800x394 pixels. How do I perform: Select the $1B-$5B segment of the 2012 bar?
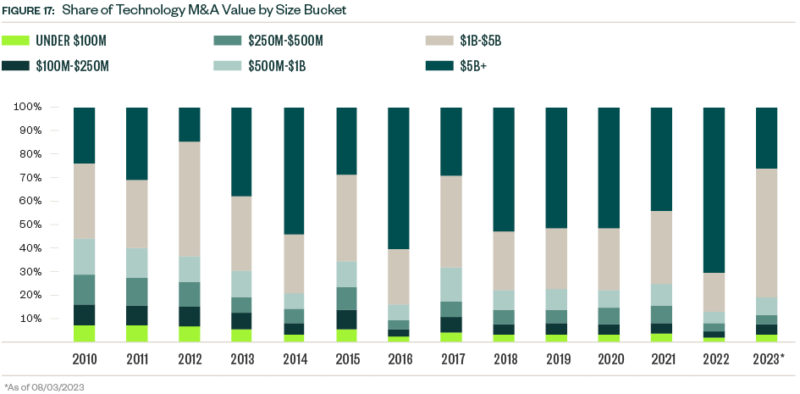tap(190, 199)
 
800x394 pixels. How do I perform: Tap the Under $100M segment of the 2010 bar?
tap(85, 333)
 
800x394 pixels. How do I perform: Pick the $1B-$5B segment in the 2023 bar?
tap(766, 233)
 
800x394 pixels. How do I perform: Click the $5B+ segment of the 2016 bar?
tap(399, 178)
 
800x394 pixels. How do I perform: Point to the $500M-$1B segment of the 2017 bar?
tap(451, 284)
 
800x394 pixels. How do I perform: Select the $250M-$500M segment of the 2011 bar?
tap(137, 291)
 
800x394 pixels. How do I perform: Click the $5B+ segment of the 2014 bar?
tap(294, 170)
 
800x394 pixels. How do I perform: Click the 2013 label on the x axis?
tap(241, 359)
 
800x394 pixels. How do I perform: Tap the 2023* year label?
tap(767, 359)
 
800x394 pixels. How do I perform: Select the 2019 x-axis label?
tap(556, 359)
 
